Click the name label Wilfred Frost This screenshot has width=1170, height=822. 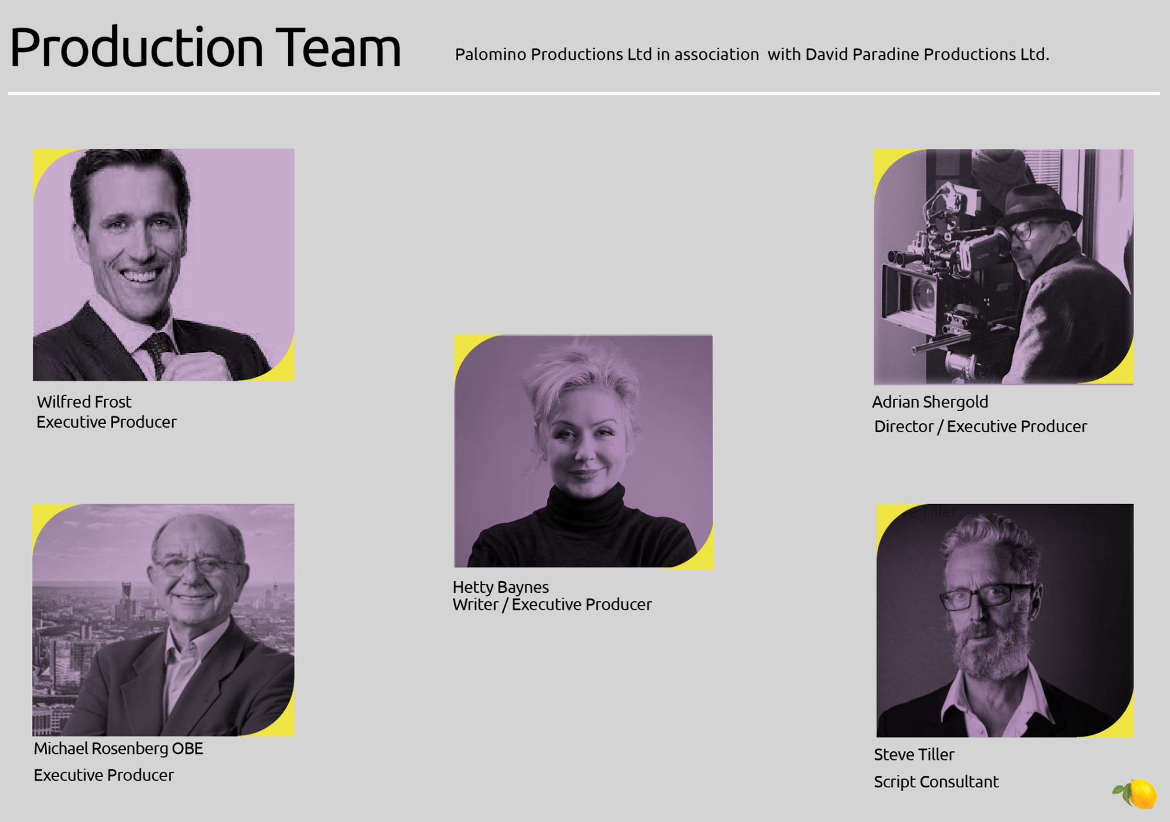(84, 402)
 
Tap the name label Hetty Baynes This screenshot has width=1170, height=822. (501, 587)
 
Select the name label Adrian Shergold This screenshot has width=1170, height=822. (930, 402)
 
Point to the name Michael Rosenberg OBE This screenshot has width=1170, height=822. (118, 749)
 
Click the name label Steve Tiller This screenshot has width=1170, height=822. (914, 755)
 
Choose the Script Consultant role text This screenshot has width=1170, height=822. (936, 782)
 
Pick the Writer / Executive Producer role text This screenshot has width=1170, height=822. (552, 605)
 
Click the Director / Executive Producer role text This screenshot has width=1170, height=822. (980, 426)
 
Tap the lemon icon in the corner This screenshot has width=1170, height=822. (1136, 794)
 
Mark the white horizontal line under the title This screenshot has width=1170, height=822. (583, 94)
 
